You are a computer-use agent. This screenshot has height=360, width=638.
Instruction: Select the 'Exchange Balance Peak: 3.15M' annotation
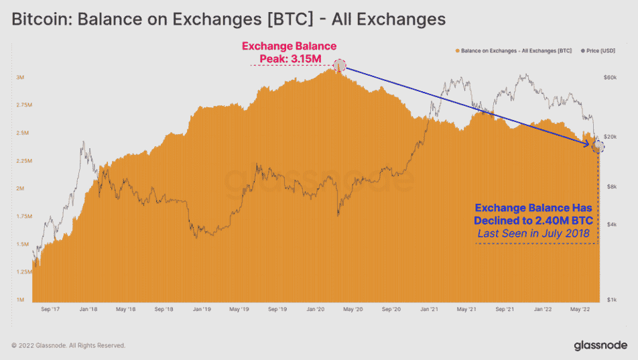(289, 53)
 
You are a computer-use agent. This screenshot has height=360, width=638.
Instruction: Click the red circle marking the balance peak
(340, 65)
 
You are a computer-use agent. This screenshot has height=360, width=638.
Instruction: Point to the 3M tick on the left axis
(20, 78)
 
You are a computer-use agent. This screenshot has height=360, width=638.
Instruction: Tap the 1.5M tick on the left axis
(22, 245)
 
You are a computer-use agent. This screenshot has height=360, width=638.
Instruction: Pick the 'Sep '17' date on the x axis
(52, 310)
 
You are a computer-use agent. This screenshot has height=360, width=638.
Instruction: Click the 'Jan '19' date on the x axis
(202, 310)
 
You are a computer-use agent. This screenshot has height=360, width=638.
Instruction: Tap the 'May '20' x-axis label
(353, 310)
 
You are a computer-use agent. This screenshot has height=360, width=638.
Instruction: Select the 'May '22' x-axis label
(580, 310)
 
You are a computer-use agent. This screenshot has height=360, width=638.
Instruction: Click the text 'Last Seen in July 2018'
(533, 233)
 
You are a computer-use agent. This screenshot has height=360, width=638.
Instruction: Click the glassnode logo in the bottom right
(600, 345)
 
